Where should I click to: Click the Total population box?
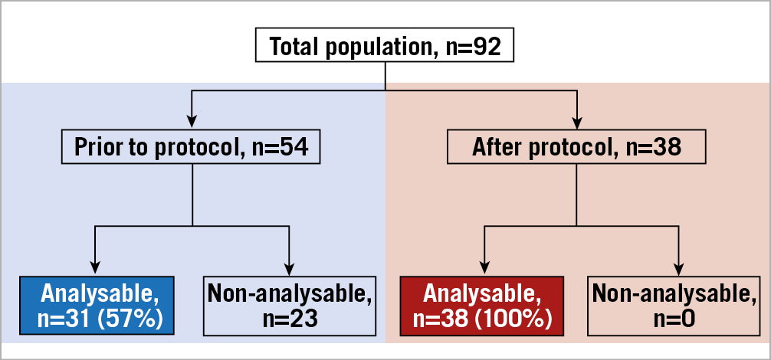385,47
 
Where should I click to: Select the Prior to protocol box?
191,146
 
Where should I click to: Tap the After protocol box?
576,146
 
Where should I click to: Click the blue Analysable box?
97,306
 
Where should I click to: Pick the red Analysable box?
481,306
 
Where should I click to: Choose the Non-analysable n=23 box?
289,306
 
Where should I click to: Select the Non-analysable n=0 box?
674,306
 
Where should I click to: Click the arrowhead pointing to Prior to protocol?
192,121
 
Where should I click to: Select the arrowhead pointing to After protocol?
576,121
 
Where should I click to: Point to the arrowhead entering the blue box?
95,267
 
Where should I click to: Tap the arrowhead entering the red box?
484,267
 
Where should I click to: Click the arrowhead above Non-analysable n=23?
289,267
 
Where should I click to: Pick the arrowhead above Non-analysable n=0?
678,267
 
